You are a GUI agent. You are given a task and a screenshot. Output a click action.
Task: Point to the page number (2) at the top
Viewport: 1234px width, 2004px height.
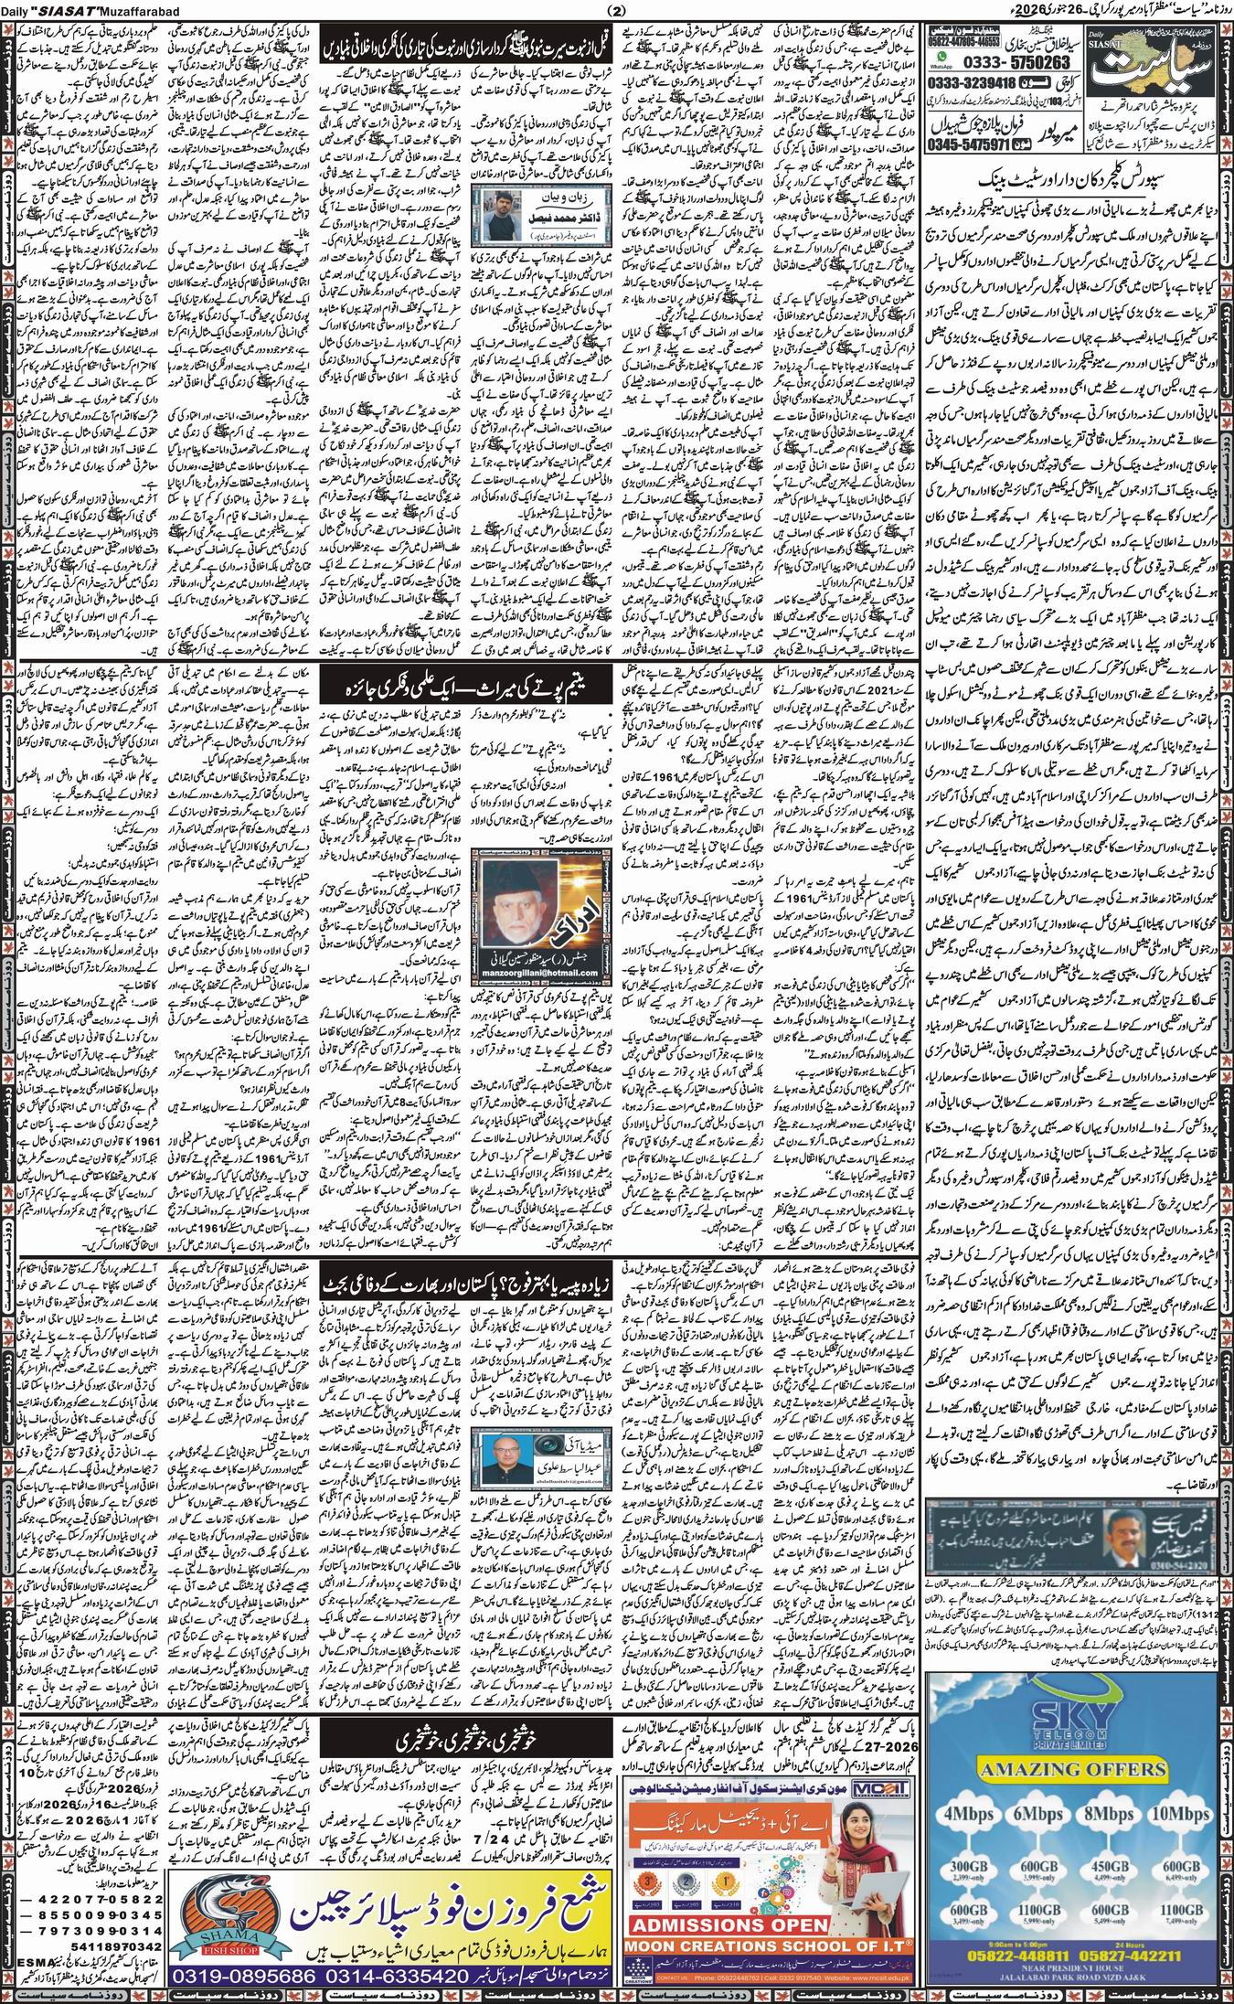[x=616, y=11]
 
